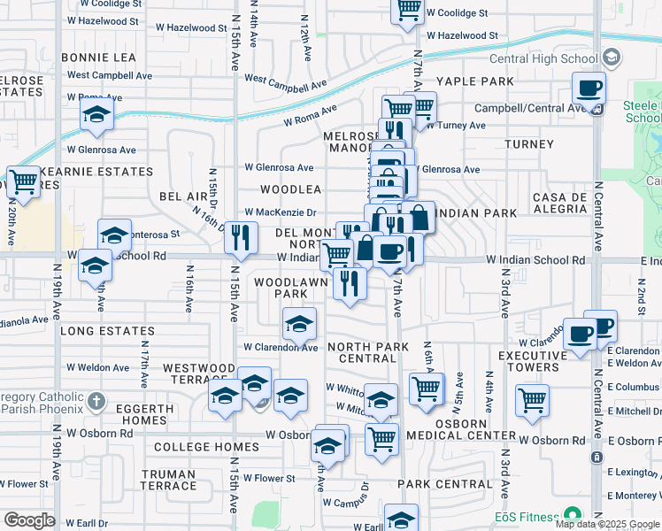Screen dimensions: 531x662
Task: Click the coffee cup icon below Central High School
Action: pos(589,88)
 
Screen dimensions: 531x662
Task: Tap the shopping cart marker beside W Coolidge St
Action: pos(407,11)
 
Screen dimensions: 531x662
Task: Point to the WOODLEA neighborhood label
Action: pos(290,189)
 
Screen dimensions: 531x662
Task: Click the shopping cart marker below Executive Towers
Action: pos(532,400)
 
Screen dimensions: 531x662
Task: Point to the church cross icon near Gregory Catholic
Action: pos(96,401)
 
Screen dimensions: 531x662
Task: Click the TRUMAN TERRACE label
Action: pos(168,480)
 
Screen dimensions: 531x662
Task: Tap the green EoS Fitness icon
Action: pos(572,515)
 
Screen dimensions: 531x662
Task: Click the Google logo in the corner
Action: pos(29,520)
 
